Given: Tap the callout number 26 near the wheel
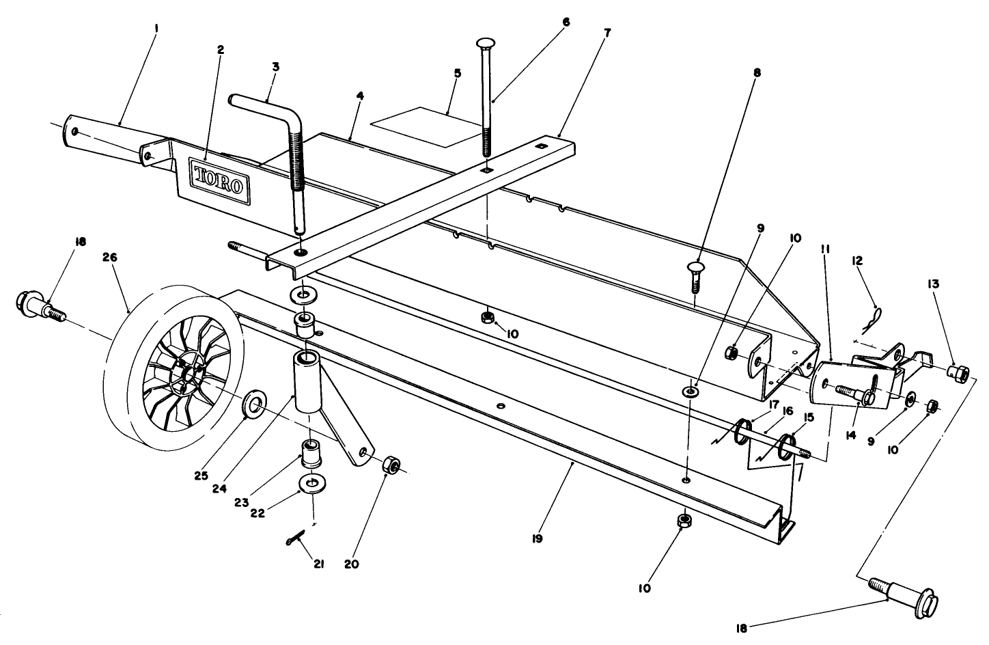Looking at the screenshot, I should click(x=110, y=258).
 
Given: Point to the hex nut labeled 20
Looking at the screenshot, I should click(x=391, y=465).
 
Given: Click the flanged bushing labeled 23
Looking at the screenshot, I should click(x=311, y=452).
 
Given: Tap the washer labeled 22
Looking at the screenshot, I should click(x=312, y=484).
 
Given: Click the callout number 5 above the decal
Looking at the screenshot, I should click(x=458, y=72).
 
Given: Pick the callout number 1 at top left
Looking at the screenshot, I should click(x=156, y=29).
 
